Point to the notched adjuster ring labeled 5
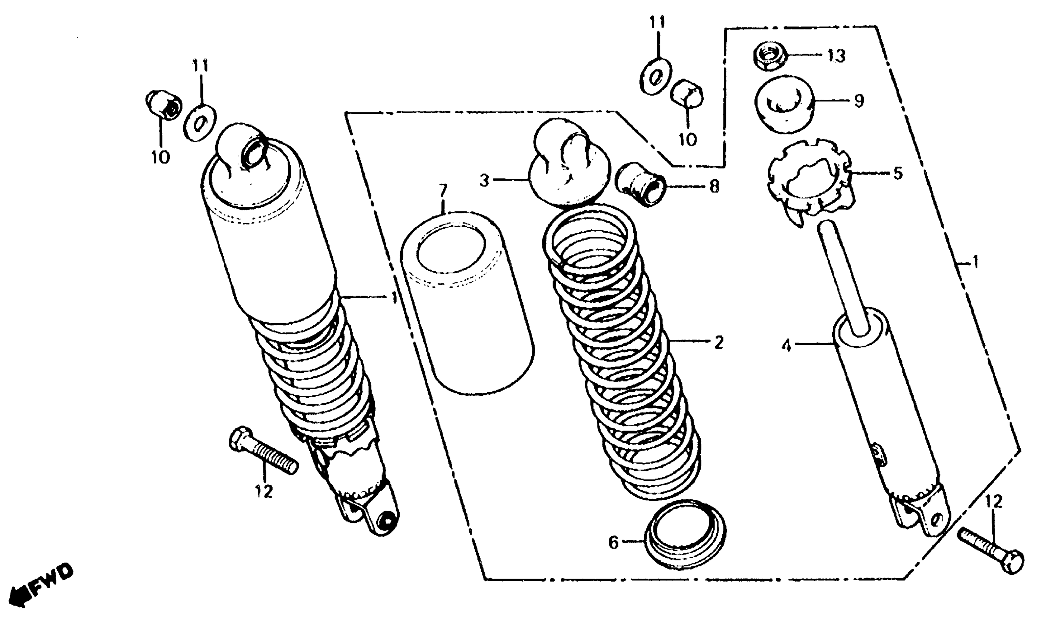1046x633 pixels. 808,180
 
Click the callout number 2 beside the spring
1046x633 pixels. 718,343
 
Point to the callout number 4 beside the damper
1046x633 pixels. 787,346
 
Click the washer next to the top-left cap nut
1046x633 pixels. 200,123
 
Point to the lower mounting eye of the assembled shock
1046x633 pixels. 386,521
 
